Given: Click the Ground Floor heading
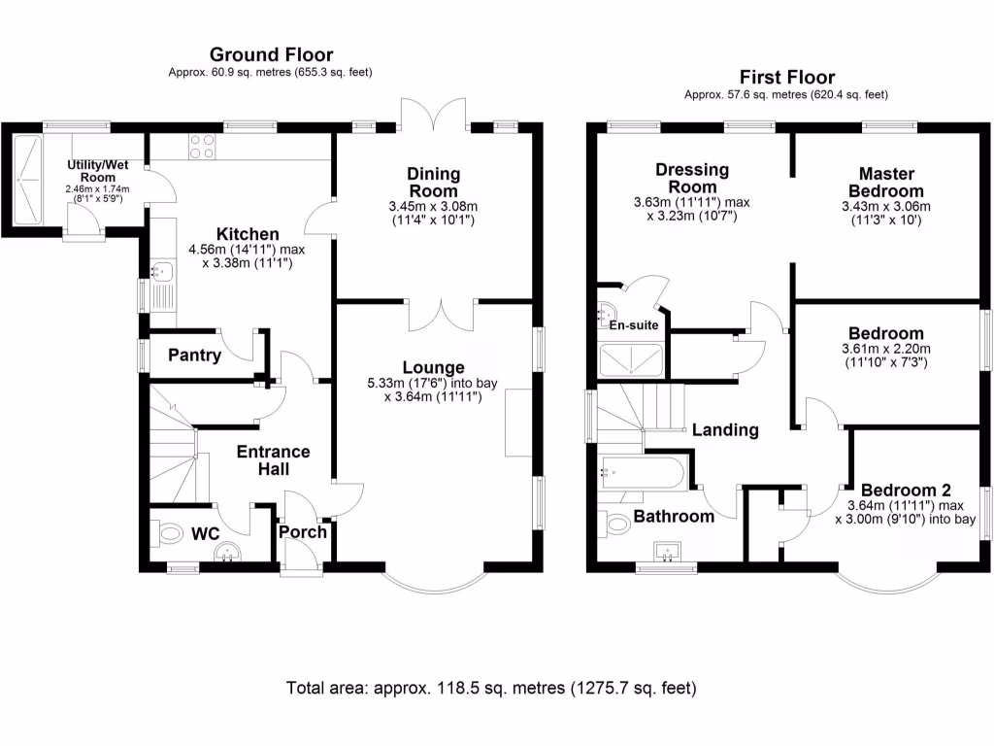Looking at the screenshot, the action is (x=272, y=54).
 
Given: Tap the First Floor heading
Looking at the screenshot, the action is (x=786, y=78).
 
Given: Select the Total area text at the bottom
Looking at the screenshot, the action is (x=491, y=688).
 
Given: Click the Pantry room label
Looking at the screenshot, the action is (x=194, y=355).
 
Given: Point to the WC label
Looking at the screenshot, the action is (x=206, y=534).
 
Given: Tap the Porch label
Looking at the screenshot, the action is (x=303, y=531).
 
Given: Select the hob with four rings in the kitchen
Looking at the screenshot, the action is (x=202, y=147).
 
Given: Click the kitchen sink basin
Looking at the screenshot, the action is (x=162, y=272).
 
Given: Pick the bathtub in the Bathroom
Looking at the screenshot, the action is (x=642, y=473).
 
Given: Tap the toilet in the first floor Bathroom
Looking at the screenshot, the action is (x=613, y=524).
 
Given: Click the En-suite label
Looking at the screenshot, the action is (x=634, y=324).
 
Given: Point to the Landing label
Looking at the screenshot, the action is (x=725, y=430).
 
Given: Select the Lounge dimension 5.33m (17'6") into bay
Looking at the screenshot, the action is (x=432, y=383).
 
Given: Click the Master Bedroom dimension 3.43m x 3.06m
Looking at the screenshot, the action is (x=886, y=206).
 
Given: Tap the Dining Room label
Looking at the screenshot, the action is (x=434, y=182).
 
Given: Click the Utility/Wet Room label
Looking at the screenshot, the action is (x=98, y=171).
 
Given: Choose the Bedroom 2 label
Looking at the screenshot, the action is (x=906, y=491).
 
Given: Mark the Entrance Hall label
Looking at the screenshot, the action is (x=273, y=459).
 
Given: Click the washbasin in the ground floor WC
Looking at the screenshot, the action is (x=227, y=552).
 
